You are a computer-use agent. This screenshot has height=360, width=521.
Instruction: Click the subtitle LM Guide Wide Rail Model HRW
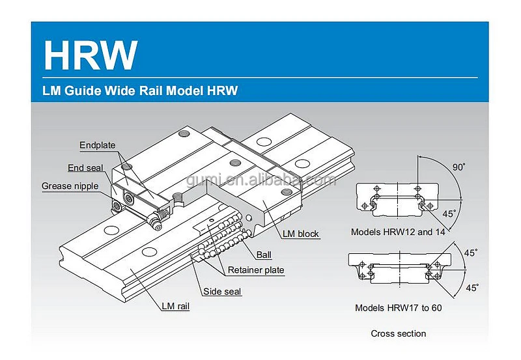click(141, 90)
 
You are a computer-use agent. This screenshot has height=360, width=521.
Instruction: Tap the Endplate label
click(96, 145)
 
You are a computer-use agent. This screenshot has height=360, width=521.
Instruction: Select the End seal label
click(85, 168)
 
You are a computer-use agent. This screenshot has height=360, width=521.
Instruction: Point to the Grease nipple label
click(70, 186)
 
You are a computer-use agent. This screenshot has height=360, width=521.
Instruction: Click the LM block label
click(300, 233)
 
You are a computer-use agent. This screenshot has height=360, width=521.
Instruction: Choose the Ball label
click(264, 255)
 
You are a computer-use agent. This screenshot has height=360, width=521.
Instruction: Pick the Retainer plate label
click(256, 270)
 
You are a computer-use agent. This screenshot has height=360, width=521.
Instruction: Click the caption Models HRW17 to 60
click(398, 307)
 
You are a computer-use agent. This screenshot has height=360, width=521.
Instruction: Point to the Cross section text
click(399, 334)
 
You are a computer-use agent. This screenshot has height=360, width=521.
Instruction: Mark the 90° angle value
click(459, 167)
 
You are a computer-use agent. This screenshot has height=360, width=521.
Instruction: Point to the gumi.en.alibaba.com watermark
click(260, 179)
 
